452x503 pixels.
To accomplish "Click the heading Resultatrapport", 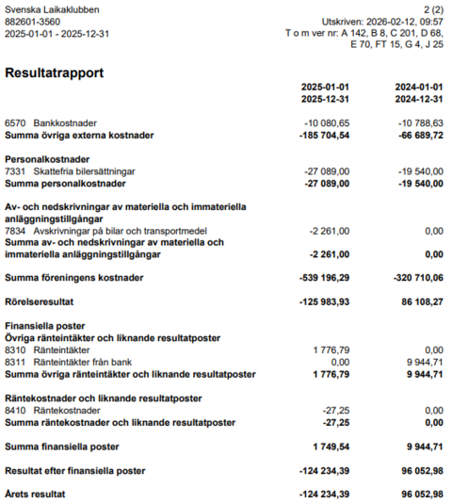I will coord(54,73).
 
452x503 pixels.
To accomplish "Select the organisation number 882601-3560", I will coord(33,21).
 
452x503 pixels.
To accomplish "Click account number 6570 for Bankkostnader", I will coord(15,123).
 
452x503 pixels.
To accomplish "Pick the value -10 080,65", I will coord(327,123).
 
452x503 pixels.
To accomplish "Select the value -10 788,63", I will coord(420,123).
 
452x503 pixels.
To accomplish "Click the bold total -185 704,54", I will coord(324,136).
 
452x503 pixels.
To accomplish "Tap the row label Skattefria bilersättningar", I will coord(84,171).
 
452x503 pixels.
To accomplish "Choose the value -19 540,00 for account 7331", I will coord(420,171).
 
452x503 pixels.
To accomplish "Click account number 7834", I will coord(15,231).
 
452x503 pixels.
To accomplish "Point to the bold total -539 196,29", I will coord(324,278).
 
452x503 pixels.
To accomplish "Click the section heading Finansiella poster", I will coord(44,326).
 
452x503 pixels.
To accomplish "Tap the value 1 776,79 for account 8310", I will coord(331,349).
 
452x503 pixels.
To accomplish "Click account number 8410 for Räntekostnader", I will coord(15,410).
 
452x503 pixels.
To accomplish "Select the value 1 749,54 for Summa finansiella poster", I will coord(331,446).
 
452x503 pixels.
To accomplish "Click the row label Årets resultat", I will coord(35,494).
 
